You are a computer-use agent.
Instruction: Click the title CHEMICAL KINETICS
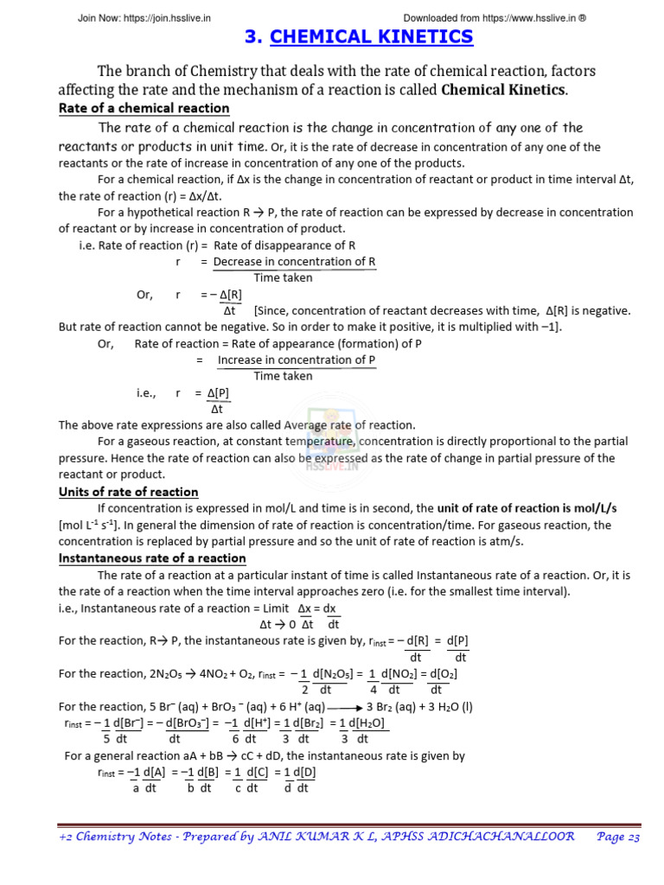pos(372,36)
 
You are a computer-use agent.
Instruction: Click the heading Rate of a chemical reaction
pos(144,108)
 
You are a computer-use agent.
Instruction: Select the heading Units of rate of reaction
pos(128,492)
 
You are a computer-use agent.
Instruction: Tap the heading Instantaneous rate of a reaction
pos(152,557)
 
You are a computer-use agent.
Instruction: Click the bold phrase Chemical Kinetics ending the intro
pos(503,90)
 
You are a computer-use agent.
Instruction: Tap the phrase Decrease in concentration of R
pos(294,261)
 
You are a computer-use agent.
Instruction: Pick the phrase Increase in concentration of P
pos(297,360)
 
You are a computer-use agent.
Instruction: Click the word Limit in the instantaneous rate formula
pos(268,608)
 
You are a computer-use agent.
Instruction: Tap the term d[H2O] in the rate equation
pos(365,723)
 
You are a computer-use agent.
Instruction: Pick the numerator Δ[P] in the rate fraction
pos(218,392)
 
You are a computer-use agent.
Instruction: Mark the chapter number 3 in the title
pos(252,36)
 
